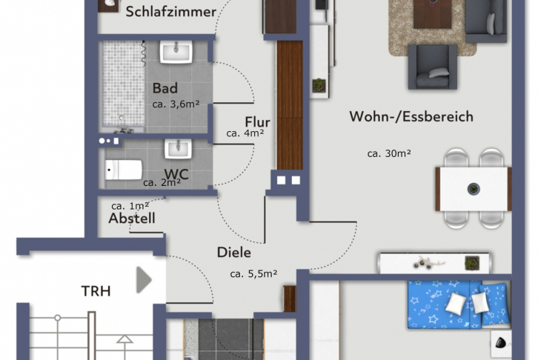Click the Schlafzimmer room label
tap(170, 11)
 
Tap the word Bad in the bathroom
tap(165, 89)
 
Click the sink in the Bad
tap(176, 52)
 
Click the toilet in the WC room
tap(123, 170)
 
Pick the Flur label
tap(257, 122)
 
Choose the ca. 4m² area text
tap(245, 134)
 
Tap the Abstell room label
tap(132, 219)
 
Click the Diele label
tap(233, 252)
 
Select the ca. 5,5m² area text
tap(253, 273)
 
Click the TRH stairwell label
tap(96, 291)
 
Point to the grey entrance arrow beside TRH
tap(144, 281)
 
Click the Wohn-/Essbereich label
tap(411, 116)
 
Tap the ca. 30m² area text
tap(389, 154)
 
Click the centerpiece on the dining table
tap(473, 189)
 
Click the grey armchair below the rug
tap(432, 66)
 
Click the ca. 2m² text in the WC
tap(162, 182)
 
